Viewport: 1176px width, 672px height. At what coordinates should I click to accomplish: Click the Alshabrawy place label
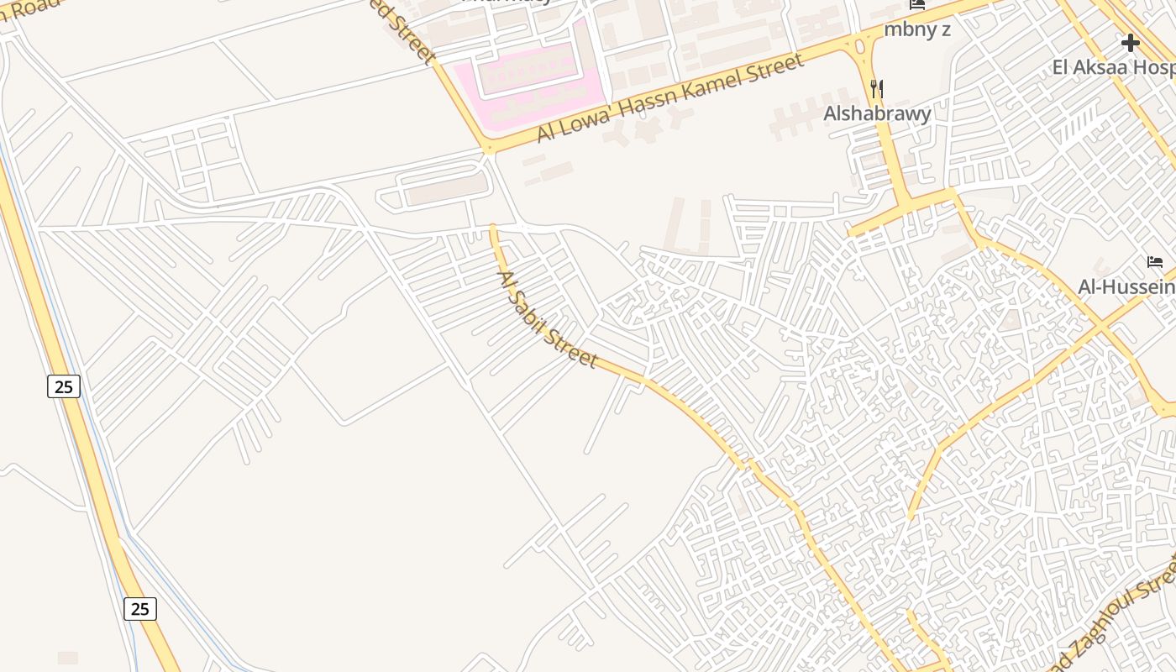tap(877, 113)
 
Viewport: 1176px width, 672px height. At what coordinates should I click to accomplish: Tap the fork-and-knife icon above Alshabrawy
tap(877, 88)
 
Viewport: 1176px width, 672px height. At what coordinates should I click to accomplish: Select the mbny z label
tap(916, 29)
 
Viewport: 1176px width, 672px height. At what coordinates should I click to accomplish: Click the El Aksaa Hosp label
tap(1113, 67)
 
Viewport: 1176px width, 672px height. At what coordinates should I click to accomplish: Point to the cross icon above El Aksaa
tap(1131, 42)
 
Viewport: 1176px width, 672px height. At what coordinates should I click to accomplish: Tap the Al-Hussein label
tap(1126, 287)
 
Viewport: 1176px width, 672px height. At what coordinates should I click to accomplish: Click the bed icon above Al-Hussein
tap(1155, 262)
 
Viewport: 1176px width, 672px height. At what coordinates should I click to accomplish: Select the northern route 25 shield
tap(63, 386)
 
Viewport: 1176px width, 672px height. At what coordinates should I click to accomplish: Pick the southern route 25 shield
tap(140, 608)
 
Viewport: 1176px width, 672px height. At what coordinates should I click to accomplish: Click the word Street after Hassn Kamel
tap(778, 65)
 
